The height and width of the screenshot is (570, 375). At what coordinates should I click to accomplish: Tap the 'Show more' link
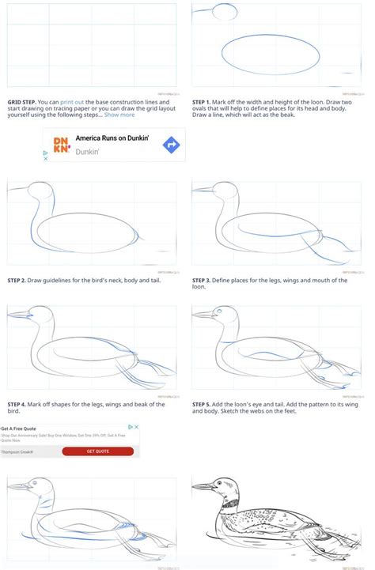pyautogui.click(x=119, y=115)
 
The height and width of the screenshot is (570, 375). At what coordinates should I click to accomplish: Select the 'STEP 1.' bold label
pyautogui.click(x=204, y=101)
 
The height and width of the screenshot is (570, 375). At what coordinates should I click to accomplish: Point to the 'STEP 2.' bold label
pyautogui.click(x=19, y=279)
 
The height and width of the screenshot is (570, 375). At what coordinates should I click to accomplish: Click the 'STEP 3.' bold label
pyautogui.click(x=204, y=279)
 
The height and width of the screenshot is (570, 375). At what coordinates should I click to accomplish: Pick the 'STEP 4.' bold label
pyautogui.click(x=19, y=404)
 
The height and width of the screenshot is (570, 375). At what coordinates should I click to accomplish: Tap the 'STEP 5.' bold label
pyautogui.click(x=204, y=404)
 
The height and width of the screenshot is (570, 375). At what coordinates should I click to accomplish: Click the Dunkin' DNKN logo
pyautogui.click(x=60, y=145)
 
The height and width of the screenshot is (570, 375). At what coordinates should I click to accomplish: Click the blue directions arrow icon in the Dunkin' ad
pyautogui.click(x=171, y=145)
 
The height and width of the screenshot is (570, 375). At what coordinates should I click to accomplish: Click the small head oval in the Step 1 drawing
pyautogui.click(x=225, y=11)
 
